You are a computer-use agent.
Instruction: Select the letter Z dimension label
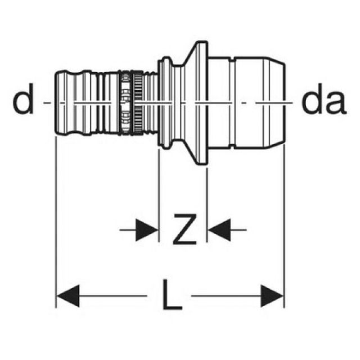(x=183, y=229)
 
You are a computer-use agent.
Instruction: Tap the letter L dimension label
(x=172, y=294)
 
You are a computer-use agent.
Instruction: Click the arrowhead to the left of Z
(x=147, y=229)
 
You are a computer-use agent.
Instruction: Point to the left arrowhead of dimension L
(x=67, y=294)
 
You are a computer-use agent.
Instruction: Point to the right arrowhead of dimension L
(x=273, y=294)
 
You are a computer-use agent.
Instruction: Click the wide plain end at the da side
(x=259, y=103)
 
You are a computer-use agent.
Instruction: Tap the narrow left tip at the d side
(x=63, y=103)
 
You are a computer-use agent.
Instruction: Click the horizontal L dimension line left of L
(x=112, y=294)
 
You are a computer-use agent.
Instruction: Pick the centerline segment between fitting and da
(x=291, y=103)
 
